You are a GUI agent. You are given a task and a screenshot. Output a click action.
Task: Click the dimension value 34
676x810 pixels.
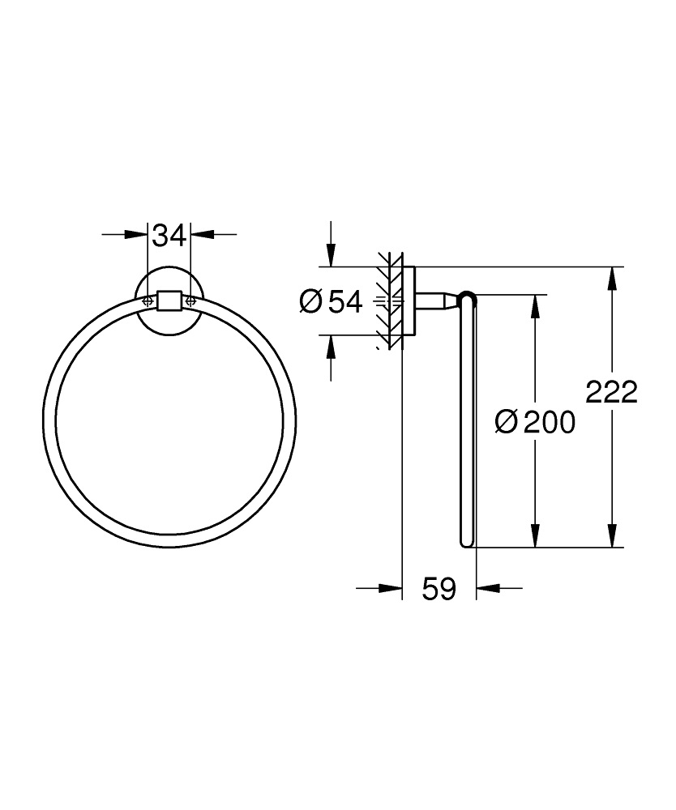tap(169, 236)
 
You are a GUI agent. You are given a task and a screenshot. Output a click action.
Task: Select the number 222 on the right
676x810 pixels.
tap(612, 392)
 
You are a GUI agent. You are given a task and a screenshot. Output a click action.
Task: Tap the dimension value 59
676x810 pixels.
tap(439, 589)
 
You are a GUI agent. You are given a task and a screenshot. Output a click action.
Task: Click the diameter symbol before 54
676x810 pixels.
tap(311, 302)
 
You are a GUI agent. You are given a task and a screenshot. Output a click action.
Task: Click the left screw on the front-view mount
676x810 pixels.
tap(148, 301)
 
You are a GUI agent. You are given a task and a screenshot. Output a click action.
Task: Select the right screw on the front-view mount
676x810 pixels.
tap(190, 301)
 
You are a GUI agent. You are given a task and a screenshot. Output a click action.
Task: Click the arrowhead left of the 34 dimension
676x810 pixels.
tap(137, 236)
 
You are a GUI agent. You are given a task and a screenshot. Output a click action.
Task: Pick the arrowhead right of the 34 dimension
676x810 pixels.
tap(202, 236)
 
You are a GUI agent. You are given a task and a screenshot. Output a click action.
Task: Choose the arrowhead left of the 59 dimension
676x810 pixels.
tap(391, 589)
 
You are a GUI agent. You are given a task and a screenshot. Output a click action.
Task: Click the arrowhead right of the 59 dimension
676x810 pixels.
tap(486, 589)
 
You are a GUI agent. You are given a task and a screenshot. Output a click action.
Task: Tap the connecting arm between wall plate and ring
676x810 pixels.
tap(438, 301)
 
